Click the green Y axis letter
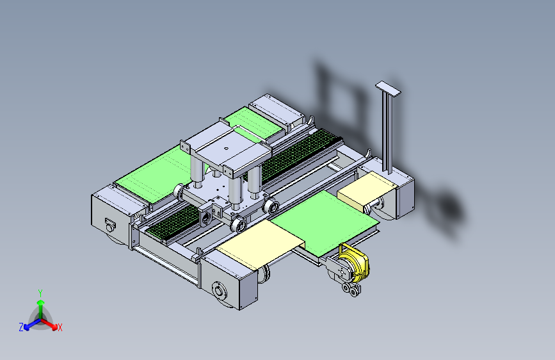pos(40,293)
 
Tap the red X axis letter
pos(60,327)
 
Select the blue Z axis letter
pos(21,327)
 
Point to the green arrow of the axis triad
pos(41,308)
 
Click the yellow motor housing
pos(355,263)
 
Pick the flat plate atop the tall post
pos(388,88)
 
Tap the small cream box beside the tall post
pos(366,190)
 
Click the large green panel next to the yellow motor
pos(324,222)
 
